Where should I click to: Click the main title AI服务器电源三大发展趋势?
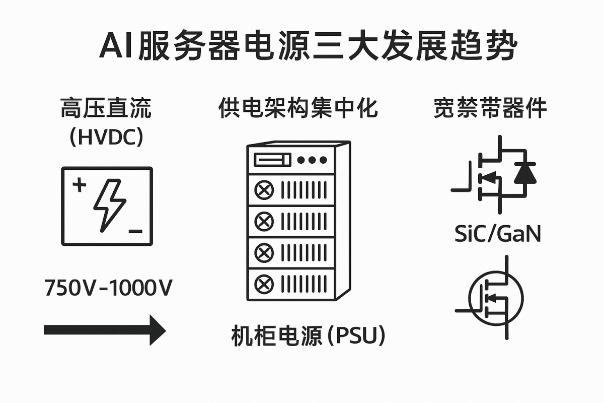pos(308,45)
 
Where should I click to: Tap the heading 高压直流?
pos(106,108)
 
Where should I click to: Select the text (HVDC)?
pos(106,137)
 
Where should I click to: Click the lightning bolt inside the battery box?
pos(110,206)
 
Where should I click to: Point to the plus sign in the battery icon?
pos(80,185)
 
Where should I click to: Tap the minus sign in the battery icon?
pos(135,231)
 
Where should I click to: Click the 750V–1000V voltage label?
pos(108,288)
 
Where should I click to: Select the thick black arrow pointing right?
pos(105,330)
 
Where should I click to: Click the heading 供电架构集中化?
pos(298,108)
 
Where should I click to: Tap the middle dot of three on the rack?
pos(312,160)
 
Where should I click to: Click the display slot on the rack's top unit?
pos(273,160)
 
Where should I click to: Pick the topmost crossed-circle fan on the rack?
pos(264,190)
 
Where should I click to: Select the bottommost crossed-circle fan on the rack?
pos(264,284)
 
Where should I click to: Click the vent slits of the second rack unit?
pos(304,221)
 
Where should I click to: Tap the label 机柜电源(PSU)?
pos(308,336)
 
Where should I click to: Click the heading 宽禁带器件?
pos(490,108)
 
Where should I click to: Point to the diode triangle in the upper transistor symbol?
pos(525,173)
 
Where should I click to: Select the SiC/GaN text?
pos(497,234)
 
